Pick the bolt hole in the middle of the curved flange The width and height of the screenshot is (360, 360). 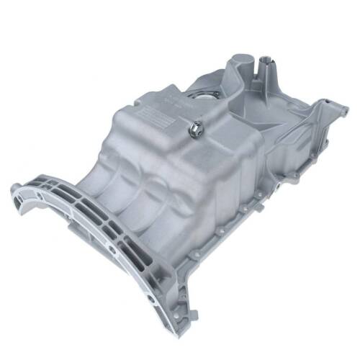click(112, 248)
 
